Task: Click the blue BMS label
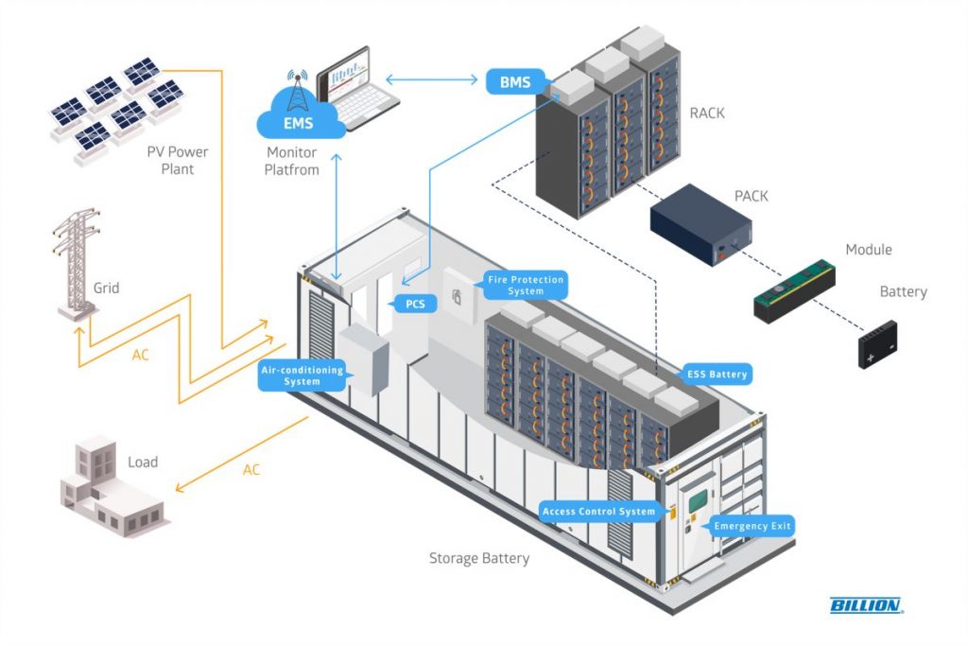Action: pyautogui.click(x=515, y=82)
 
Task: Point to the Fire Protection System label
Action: pyautogui.click(x=525, y=285)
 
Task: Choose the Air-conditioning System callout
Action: pyautogui.click(x=302, y=375)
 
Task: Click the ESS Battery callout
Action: pyautogui.click(x=716, y=375)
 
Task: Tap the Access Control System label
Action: pyautogui.click(x=598, y=512)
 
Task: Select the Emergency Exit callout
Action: pyautogui.click(x=752, y=526)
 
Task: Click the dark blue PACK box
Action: pyautogui.click(x=700, y=225)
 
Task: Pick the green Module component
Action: pyautogui.click(x=794, y=289)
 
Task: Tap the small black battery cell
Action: pyautogui.click(x=877, y=344)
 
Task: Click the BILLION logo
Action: pyautogui.click(x=865, y=605)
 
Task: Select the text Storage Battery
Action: pyautogui.click(x=479, y=558)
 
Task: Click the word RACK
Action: pyautogui.click(x=707, y=113)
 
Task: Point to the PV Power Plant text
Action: pyautogui.click(x=178, y=160)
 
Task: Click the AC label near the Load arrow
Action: pyautogui.click(x=251, y=470)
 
